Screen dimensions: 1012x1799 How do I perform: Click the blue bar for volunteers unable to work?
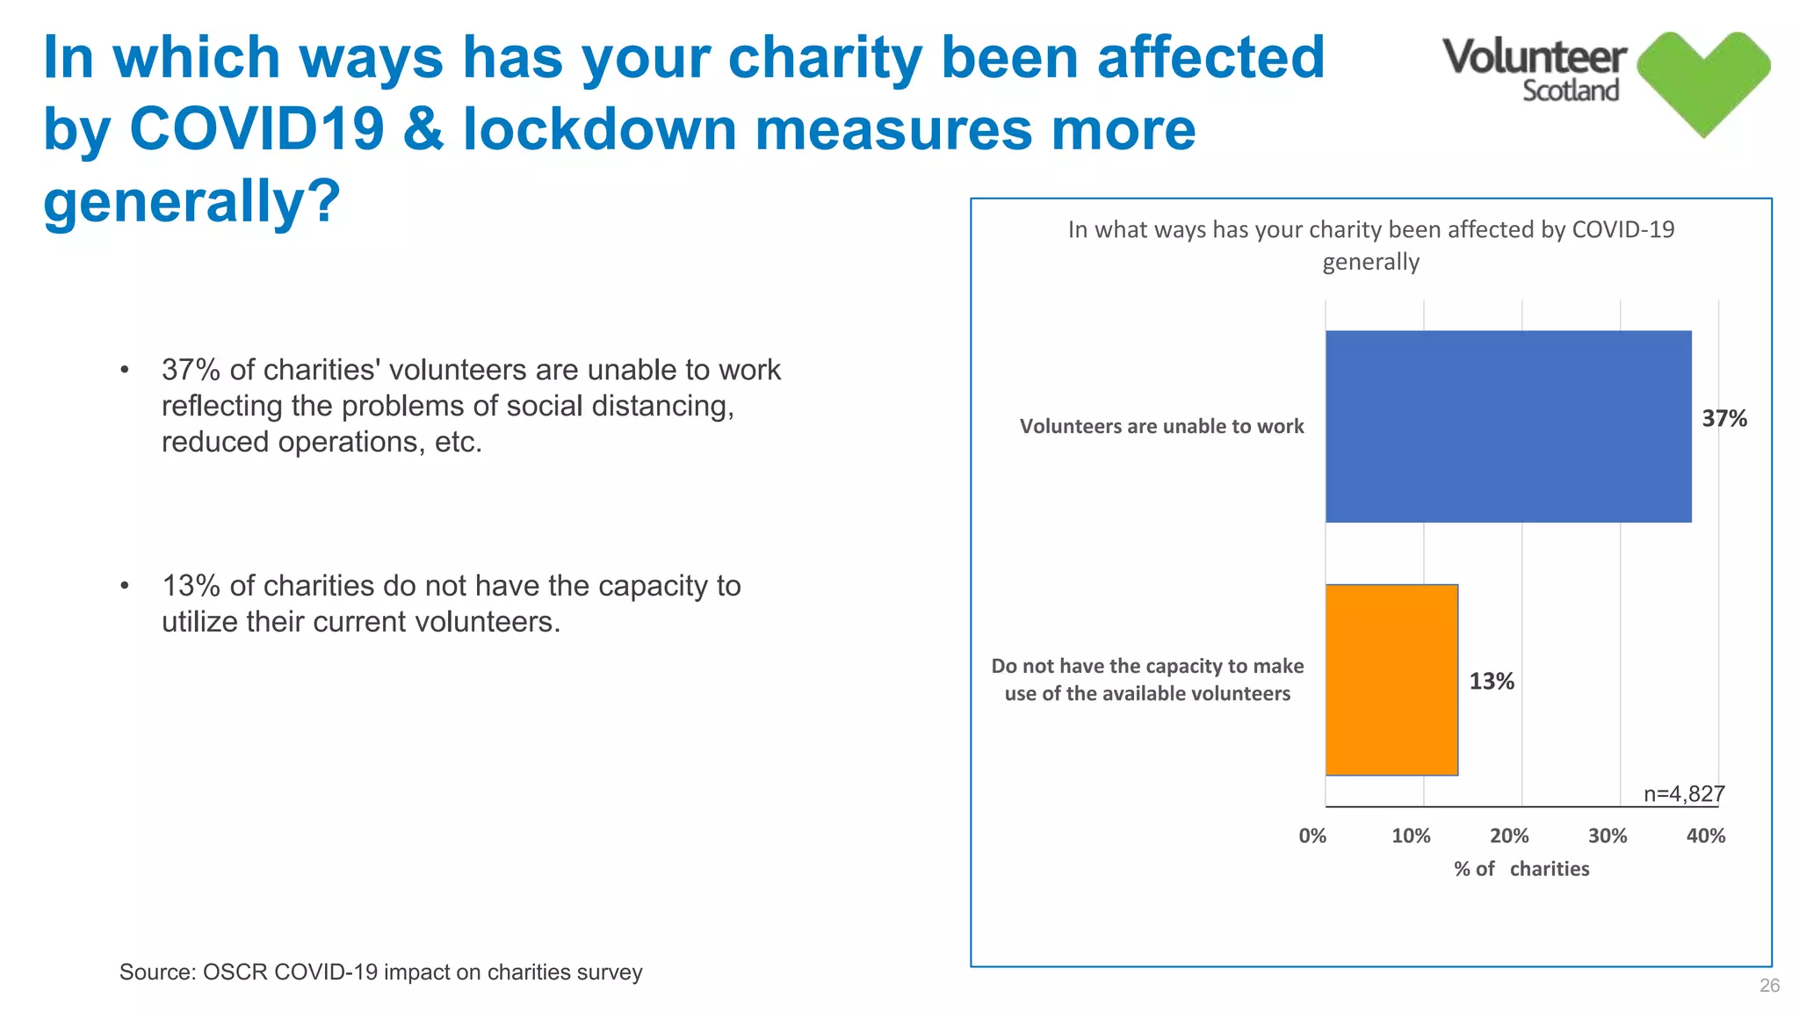click(x=1507, y=427)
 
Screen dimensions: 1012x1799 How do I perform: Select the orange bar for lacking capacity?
click(x=1391, y=680)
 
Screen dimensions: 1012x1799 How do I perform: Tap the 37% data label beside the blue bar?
click(x=1723, y=419)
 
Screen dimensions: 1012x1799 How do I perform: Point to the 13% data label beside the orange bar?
click(x=1491, y=682)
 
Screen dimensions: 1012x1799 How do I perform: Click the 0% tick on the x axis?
click(x=1312, y=836)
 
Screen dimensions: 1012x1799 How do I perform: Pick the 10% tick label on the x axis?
click(x=1411, y=836)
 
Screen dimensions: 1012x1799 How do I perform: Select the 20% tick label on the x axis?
click(x=1509, y=836)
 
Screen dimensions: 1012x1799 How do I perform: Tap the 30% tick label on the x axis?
click(x=1608, y=836)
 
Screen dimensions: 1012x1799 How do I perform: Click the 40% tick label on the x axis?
click(x=1705, y=836)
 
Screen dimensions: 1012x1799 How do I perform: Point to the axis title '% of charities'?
click(x=1521, y=869)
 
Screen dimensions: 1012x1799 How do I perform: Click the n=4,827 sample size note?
click(x=1684, y=794)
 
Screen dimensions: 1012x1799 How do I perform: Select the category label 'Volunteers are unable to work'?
click(x=1161, y=427)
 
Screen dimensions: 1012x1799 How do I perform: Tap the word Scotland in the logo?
click(x=1570, y=91)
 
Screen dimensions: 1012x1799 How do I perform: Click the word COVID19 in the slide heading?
click(x=256, y=129)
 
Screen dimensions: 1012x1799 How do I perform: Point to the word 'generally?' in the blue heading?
click(x=191, y=202)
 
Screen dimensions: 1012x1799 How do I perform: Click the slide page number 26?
click(x=1769, y=986)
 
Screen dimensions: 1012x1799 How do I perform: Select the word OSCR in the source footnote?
click(x=234, y=972)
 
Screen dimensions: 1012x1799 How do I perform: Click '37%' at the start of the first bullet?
click(x=191, y=370)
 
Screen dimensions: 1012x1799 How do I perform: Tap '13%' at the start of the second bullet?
click(x=191, y=586)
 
